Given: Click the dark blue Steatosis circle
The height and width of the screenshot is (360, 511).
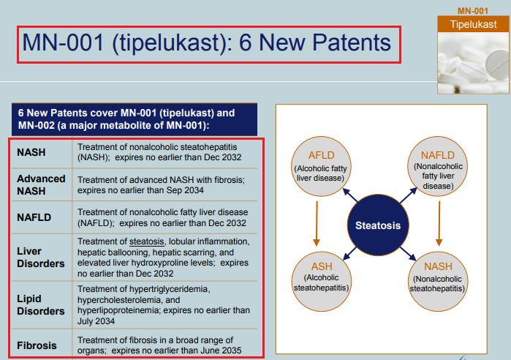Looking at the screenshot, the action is coord(378,225).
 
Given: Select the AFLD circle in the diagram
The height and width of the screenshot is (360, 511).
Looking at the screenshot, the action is coord(321,166).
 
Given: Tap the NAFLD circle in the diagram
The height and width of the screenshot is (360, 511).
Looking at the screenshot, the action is coord(438,166).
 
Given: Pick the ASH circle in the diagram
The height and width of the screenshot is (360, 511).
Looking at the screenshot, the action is coord(322,282).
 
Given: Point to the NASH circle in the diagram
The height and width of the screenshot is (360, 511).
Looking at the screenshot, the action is coord(438,282).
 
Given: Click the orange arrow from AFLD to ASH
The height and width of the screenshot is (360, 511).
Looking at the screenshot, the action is coord(317,223).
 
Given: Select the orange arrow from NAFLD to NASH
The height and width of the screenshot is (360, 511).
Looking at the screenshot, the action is coord(439,223).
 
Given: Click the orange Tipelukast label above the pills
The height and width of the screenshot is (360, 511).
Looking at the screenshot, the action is coord(473,24).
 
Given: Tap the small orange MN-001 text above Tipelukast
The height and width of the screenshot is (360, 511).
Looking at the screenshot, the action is coord(473,11).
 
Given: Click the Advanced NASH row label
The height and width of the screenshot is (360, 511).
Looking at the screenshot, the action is coord(41,184).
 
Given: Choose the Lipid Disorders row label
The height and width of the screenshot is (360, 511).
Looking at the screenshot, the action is coord(41,305).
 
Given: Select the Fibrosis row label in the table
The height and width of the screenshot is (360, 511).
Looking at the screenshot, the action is coord(37,345).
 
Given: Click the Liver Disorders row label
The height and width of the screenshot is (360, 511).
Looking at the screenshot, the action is coord(41,258).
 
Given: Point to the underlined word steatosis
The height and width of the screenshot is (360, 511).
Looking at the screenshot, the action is coord(147,241).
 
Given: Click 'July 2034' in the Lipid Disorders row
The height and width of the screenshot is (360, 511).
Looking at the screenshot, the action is coord(96,321).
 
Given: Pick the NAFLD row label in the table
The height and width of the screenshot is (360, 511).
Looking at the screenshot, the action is coord(34,217).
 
